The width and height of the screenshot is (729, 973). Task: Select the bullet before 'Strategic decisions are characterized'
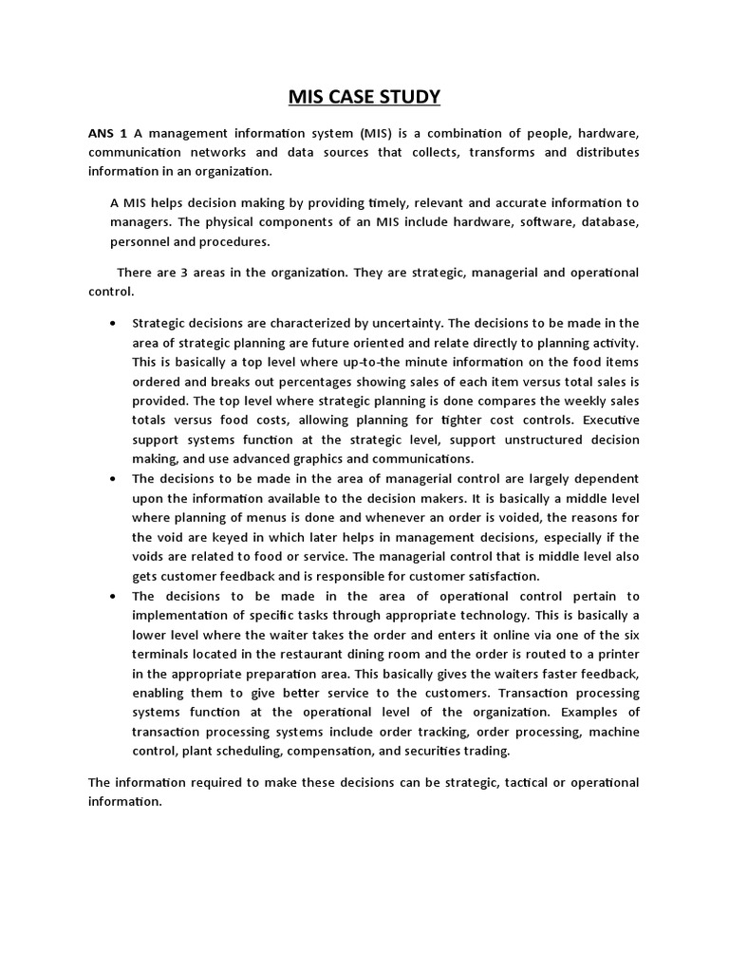point(114,323)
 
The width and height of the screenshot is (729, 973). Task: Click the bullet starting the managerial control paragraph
point(114,478)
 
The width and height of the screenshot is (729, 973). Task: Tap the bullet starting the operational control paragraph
point(114,596)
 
